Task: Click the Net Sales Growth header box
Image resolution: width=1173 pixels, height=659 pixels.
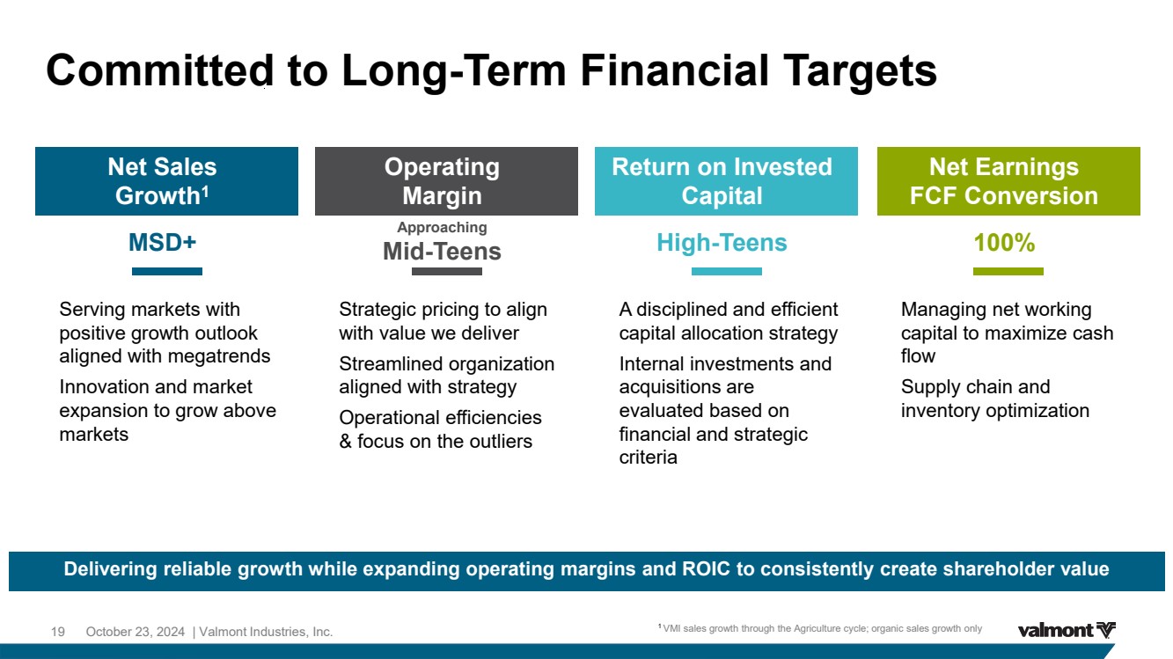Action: point(166,181)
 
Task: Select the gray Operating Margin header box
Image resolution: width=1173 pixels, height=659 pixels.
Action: point(446,181)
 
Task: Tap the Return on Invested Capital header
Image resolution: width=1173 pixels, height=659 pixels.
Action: point(726,181)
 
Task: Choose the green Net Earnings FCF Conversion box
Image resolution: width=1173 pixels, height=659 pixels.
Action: point(1008,181)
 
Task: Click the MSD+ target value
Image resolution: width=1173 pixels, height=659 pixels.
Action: point(162,243)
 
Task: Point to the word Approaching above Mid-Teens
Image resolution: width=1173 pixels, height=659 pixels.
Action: point(442,228)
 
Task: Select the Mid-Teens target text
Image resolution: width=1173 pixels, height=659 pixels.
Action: point(442,252)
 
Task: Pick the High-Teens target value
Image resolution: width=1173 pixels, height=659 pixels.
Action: point(722,243)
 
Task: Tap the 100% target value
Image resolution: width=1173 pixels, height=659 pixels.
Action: point(1004,243)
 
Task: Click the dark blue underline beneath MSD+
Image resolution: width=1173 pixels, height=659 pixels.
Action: point(167,271)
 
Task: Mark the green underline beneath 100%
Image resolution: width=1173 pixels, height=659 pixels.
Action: point(1008,271)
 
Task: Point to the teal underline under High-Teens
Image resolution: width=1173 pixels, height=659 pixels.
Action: point(727,271)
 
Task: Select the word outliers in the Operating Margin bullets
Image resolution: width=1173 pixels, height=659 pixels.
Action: point(501,442)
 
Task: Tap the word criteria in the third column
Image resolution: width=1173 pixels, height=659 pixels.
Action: point(648,458)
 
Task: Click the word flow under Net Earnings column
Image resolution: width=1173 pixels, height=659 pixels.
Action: point(918,356)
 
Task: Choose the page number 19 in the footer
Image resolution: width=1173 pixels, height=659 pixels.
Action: point(57,632)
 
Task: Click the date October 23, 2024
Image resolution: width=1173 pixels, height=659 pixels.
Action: point(136,632)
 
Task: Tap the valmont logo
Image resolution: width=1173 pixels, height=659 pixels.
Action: point(1067,630)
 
